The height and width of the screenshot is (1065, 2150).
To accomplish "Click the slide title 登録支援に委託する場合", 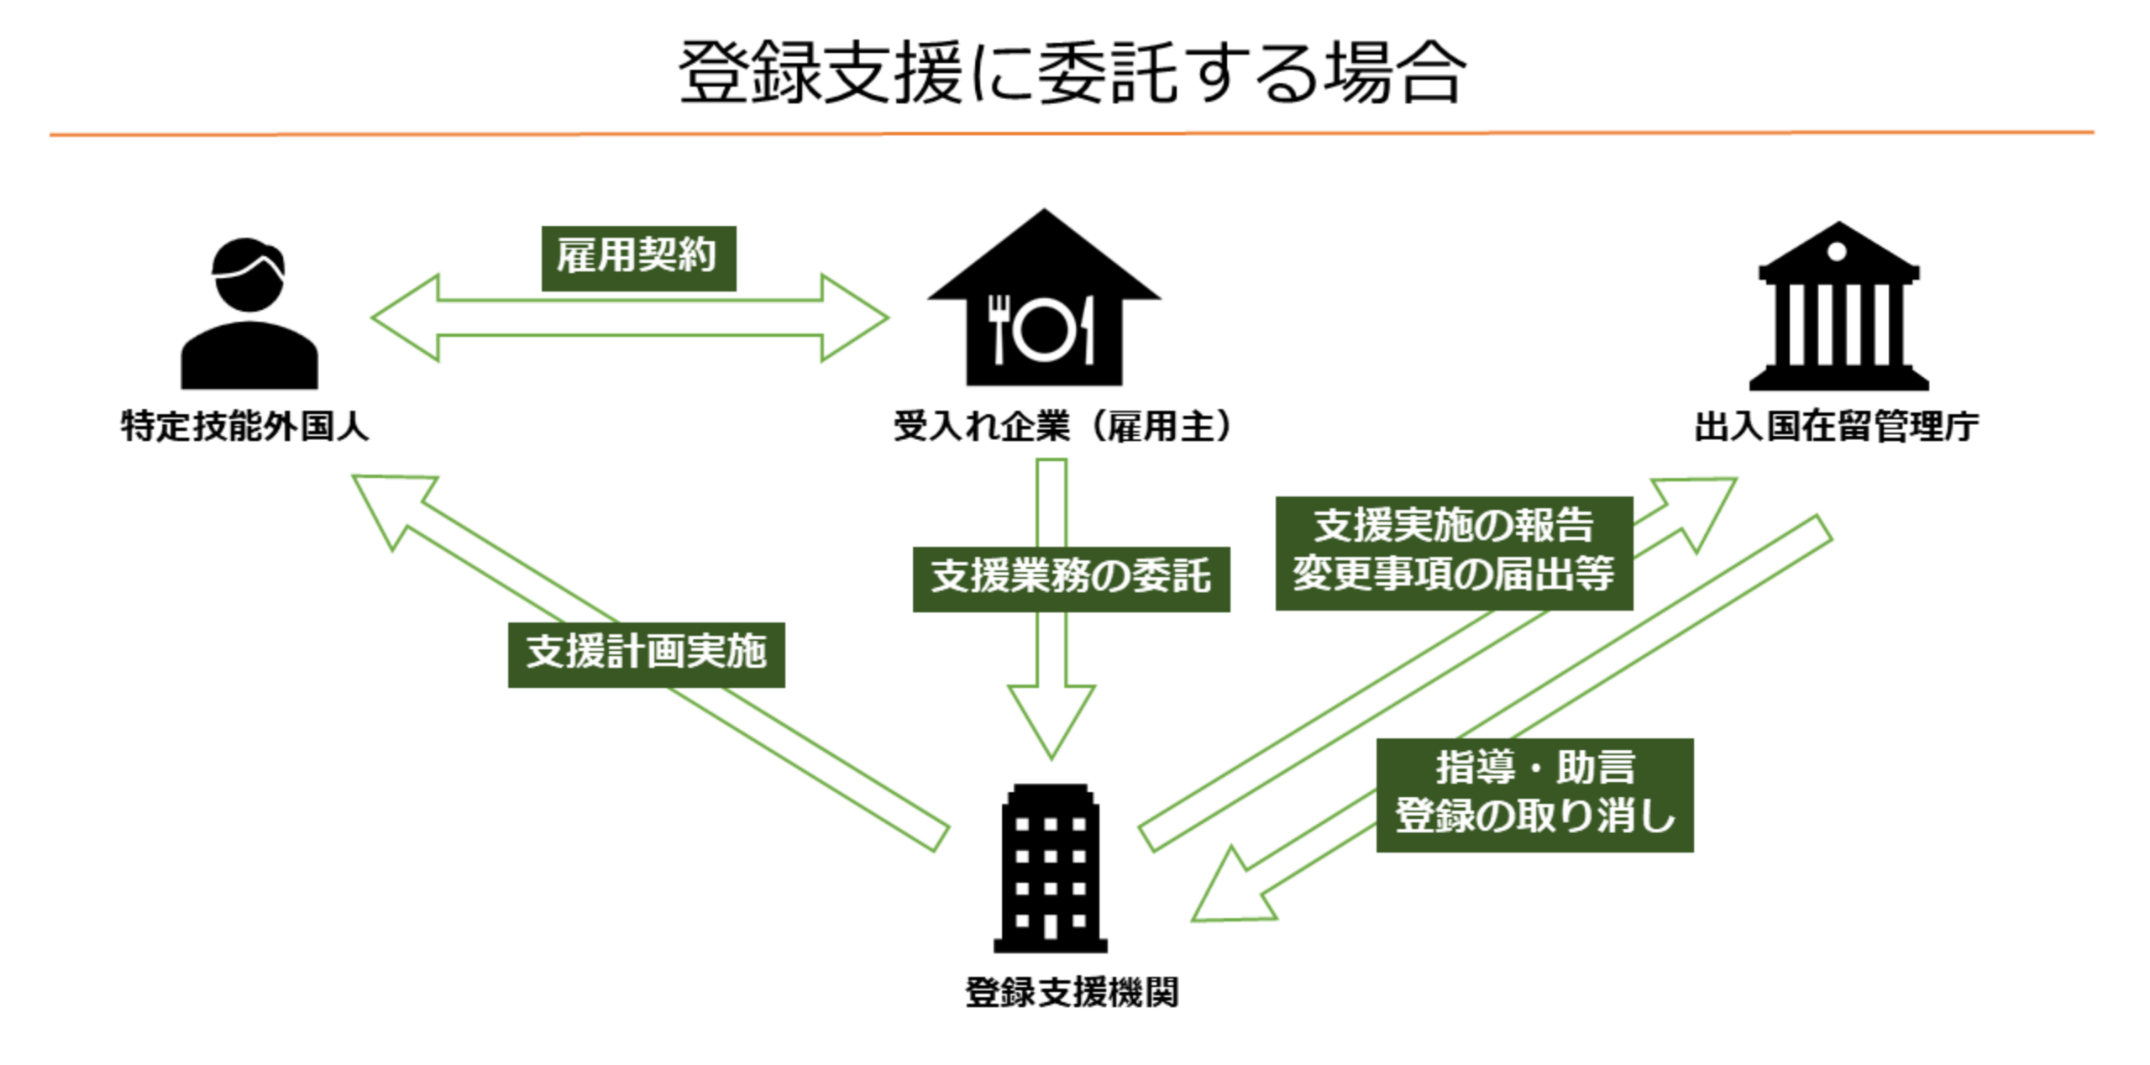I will (x=1072, y=74).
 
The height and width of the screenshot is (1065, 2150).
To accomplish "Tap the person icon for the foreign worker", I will (x=249, y=315).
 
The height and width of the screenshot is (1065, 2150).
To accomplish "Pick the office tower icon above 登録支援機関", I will (x=1050, y=868).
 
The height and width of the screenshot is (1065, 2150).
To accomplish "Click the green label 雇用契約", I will (x=638, y=258).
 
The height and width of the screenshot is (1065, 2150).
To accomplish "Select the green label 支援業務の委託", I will (x=1071, y=579).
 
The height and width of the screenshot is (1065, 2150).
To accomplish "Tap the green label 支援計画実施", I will (x=646, y=654).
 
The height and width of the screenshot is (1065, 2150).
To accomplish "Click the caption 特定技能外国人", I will (x=244, y=427).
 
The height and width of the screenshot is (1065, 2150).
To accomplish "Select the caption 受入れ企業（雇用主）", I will (x=1062, y=427).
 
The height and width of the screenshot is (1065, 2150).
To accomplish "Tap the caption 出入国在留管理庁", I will (x=1836, y=427).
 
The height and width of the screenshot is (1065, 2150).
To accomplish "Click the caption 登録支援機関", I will (x=1072, y=993).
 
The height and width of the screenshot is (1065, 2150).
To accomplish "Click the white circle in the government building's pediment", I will (x=1837, y=250).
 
